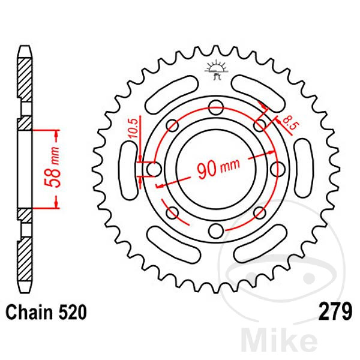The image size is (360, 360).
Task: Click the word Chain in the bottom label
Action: (29, 313)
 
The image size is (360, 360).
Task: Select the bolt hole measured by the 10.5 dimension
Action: (153, 169)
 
